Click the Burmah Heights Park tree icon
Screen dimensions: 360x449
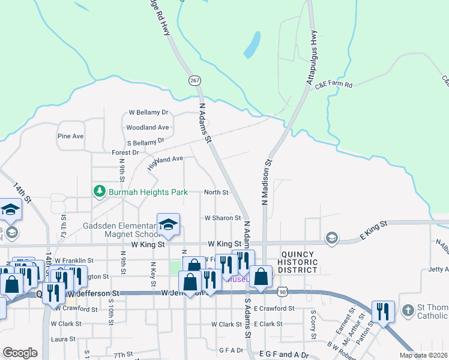(x=99, y=191)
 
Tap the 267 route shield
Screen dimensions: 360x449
(x=194, y=80)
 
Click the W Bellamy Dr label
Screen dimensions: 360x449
(x=149, y=112)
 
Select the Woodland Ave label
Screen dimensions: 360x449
(x=147, y=127)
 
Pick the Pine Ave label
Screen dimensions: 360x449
(x=70, y=136)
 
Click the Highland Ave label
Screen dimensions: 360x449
(x=165, y=162)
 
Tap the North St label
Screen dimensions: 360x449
(x=216, y=192)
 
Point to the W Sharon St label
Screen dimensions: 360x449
(x=222, y=218)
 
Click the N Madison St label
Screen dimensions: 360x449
(x=265, y=182)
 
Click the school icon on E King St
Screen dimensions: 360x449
(x=331, y=239)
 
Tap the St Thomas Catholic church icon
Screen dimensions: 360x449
(x=408, y=310)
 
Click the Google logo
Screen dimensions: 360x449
(x=20, y=353)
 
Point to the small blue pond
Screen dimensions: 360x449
(x=252, y=45)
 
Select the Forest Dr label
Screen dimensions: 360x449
(x=125, y=152)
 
